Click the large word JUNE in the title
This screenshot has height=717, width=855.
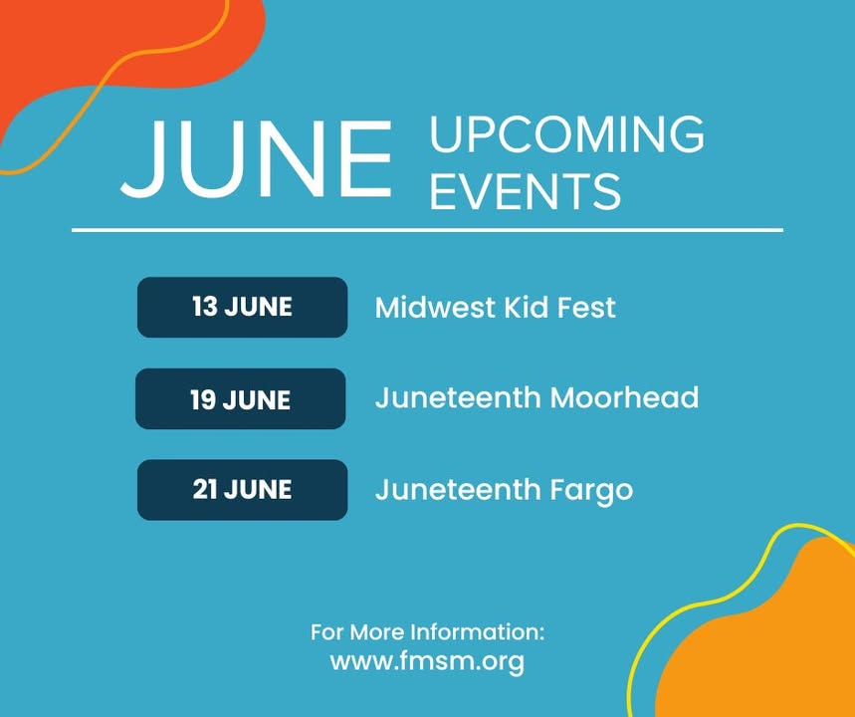pos(256,158)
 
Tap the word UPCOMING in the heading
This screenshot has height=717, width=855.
pos(567,134)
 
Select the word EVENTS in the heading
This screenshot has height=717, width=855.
pos(526,190)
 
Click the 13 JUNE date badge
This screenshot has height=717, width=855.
pos(242,307)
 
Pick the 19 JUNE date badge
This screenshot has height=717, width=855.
pos(241,399)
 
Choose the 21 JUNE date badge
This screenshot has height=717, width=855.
pos(242,490)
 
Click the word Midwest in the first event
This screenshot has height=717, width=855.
pos(435,307)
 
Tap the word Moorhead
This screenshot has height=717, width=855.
pos(624,397)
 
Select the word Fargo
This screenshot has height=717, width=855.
pos(591,491)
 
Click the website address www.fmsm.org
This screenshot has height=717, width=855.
pos(427,662)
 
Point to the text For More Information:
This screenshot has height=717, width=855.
pos(428,632)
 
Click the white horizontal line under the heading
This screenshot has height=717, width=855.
pos(428,230)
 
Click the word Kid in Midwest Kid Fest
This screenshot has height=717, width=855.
pos(526,307)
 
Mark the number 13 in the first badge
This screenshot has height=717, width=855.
pos(205,307)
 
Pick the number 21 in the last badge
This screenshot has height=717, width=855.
pos(205,490)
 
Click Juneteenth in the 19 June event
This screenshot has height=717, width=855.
pos(458,397)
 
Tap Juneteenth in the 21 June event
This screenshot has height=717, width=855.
pos(458,490)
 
